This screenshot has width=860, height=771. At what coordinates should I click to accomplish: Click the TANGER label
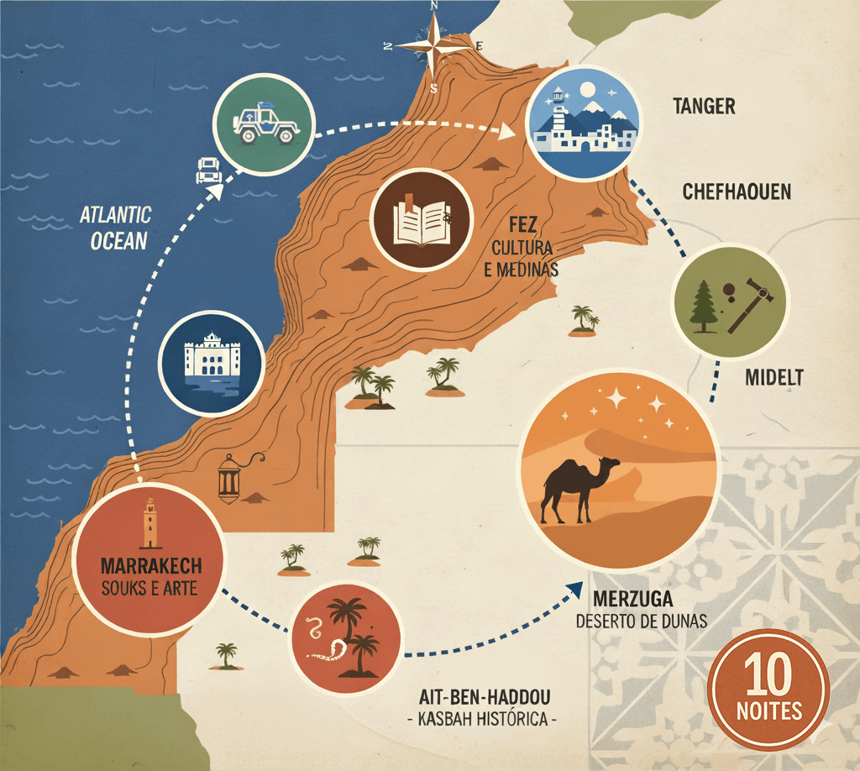(x=705, y=106)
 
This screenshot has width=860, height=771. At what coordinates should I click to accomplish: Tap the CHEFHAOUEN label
(x=737, y=191)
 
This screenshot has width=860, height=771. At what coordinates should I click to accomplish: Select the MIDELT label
(x=774, y=377)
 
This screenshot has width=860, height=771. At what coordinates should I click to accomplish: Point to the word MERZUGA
(x=633, y=601)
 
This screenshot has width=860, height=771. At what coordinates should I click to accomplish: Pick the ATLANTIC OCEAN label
(x=115, y=228)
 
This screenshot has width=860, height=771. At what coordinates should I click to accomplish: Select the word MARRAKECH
(x=150, y=564)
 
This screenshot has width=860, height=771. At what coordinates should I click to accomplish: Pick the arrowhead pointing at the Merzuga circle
(x=576, y=589)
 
